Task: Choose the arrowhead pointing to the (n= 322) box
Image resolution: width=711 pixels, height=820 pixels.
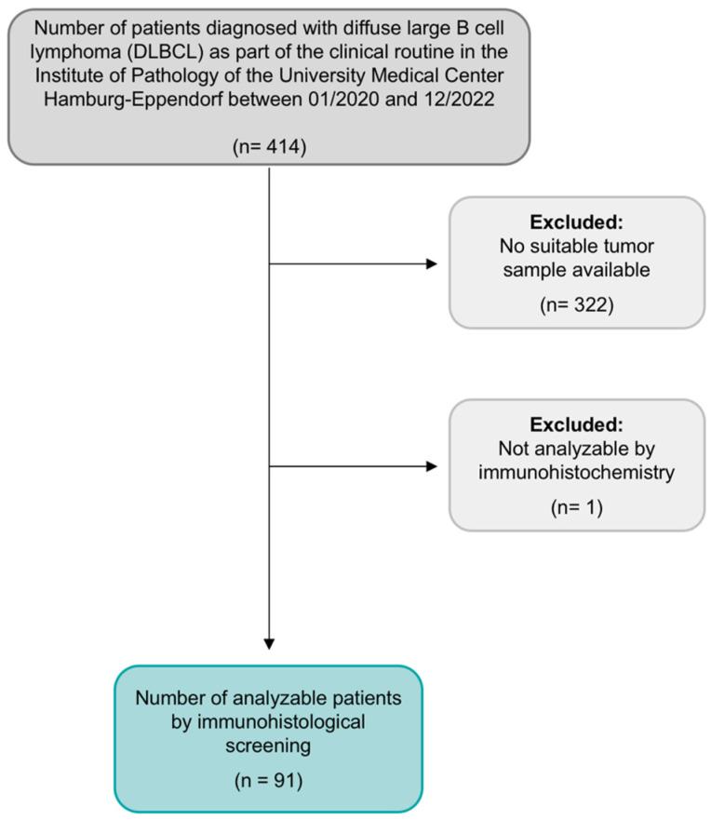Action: [x=431, y=263]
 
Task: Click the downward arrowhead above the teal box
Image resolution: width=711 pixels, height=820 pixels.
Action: [x=268, y=642]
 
